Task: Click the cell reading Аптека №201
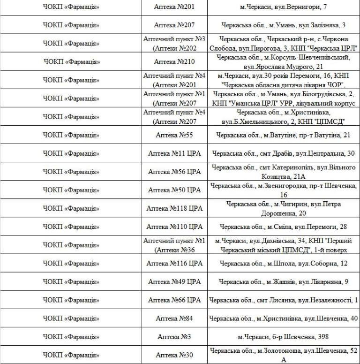pyautogui.click(x=174, y=7)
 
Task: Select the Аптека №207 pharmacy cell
pyautogui.click(x=174, y=25)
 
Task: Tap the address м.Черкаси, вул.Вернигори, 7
pyautogui.click(x=283, y=7)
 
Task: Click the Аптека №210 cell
pyautogui.click(x=174, y=61)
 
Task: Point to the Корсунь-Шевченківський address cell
pyautogui.click(x=283, y=61)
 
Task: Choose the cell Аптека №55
pyautogui.click(x=174, y=135)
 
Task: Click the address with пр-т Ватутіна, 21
pyautogui.click(x=283, y=135)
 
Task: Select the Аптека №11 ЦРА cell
pyautogui.click(x=174, y=153)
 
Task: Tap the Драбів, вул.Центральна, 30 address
pyautogui.click(x=283, y=153)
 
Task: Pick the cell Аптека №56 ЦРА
pyautogui.click(x=174, y=172)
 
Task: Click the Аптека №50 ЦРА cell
pyautogui.click(x=174, y=190)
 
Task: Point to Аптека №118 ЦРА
pyautogui.click(x=174, y=208)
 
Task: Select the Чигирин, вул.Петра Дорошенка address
pyautogui.click(x=283, y=208)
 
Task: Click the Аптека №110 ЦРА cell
pyautogui.click(x=174, y=227)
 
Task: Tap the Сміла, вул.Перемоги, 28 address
pyautogui.click(x=283, y=227)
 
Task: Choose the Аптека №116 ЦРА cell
pyautogui.click(x=174, y=263)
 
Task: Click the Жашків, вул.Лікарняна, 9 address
pyautogui.click(x=283, y=281)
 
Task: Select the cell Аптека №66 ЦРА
pyautogui.click(x=174, y=300)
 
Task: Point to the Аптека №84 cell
pyautogui.click(x=174, y=318)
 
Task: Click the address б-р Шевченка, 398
pyautogui.click(x=283, y=337)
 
